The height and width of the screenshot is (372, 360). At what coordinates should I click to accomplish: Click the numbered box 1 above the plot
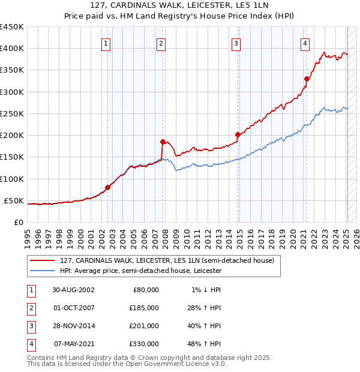coord(106,43)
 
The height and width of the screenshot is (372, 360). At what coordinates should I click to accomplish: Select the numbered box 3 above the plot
coord(236,43)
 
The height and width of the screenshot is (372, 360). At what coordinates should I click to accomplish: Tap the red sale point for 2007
coord(163,142)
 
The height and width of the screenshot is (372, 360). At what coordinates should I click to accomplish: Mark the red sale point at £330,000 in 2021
coord(307,79)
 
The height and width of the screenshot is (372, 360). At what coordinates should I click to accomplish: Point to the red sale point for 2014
coord(238,135)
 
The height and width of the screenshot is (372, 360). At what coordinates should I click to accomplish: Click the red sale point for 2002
coord(108,187)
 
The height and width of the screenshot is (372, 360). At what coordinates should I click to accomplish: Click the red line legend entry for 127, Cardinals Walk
coord(167,260)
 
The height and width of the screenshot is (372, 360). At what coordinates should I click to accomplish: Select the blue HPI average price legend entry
coord(140,271)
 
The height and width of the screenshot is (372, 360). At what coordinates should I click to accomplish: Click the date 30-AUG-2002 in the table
coord(74,290)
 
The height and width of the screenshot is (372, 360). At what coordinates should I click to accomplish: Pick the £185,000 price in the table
coord(144,308)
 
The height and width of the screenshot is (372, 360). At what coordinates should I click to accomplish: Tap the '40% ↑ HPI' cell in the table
coord(206,326)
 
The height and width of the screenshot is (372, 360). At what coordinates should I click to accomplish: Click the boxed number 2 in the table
coord(31,308)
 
